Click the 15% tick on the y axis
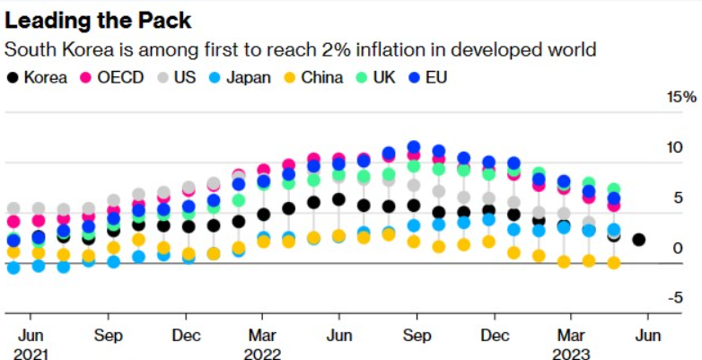click(680, 97)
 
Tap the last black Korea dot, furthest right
click(639, 240)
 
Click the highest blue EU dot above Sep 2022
click(414, 147)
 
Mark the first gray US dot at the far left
click(13, 209)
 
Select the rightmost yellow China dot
click(614, 263)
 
